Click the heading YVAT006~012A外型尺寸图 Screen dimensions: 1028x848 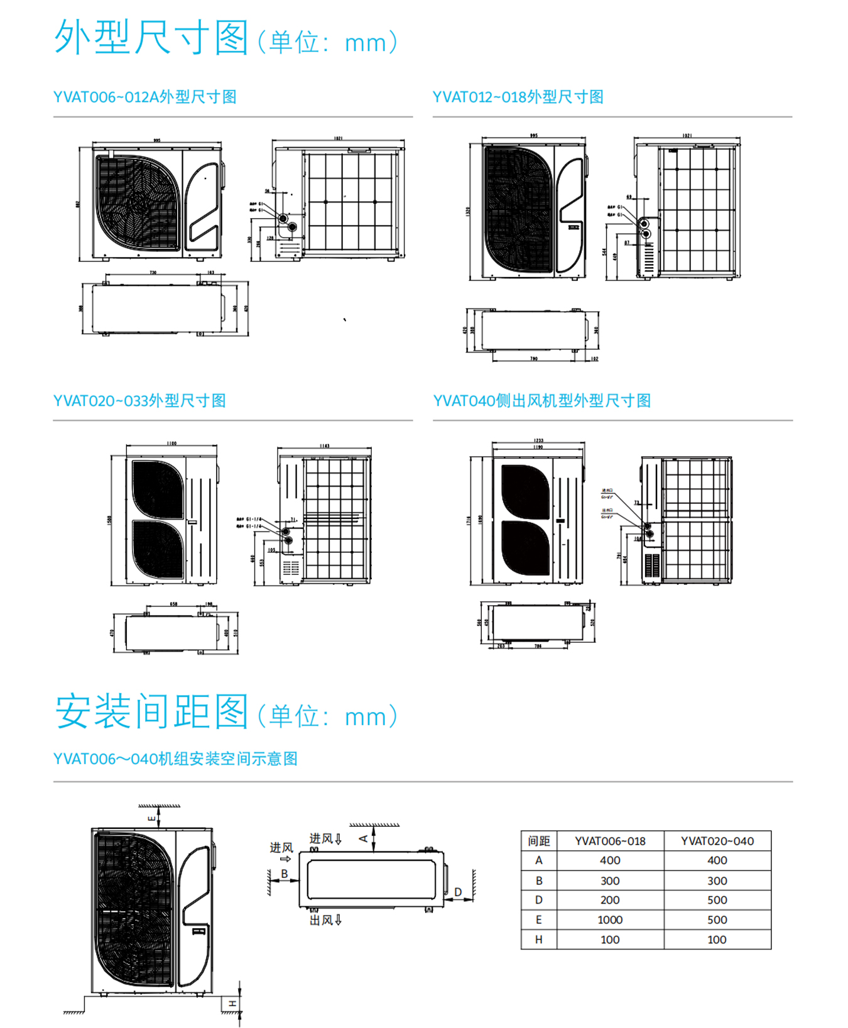[144, 97]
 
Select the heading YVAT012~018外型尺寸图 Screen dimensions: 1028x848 [518, 97]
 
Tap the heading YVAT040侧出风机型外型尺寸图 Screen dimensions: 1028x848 [541, 401]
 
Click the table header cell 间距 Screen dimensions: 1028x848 [539, 841]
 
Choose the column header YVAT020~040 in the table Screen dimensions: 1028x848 [717, 841]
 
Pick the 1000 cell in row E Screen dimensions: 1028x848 [609, 919]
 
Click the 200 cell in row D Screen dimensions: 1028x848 [609, 900]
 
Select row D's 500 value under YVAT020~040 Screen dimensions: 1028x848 [717, 900]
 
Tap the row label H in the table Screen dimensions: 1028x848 [538, 939]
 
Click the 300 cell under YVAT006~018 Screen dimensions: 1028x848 [609, 880]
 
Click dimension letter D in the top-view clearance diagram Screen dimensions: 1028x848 [458, 892]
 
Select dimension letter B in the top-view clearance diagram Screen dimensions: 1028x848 [285, 873]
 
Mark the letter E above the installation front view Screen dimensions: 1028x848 [151, 818]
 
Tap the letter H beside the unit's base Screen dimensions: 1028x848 [232, 1003]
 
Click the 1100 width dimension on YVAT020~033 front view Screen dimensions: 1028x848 [171, 443]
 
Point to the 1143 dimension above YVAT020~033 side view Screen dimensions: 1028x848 [324, 446]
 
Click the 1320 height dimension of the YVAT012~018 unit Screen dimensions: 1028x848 [467, 212]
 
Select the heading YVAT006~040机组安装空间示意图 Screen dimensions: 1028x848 [175, 758]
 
